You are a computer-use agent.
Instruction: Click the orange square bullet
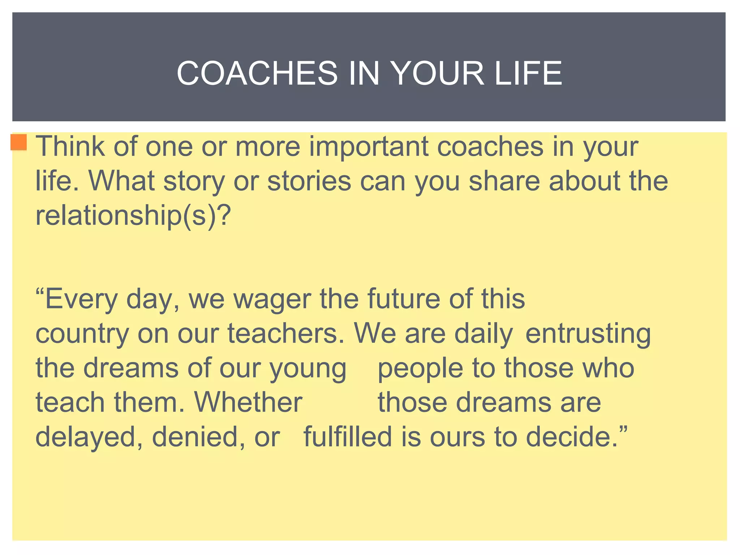click(x=19, y=142)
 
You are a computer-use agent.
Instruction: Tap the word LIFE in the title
click(x=528, y=73)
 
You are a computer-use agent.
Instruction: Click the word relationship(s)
click(x=127, y=216)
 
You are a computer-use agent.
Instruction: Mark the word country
click(x=82, y=334)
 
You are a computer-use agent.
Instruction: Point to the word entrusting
click(x=588, y=334)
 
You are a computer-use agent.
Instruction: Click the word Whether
click(x=248, y=402)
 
